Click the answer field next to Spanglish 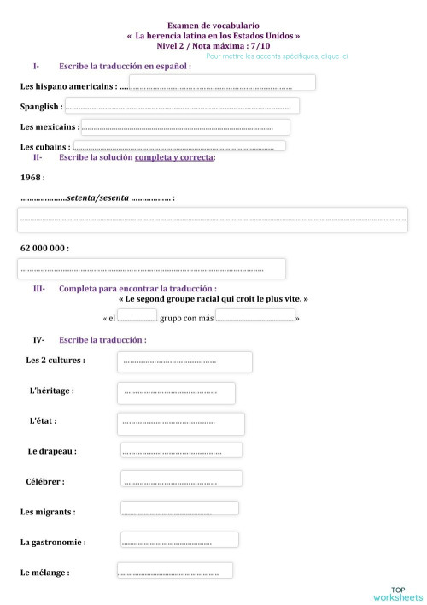pyautogui.click(x=182, y=106)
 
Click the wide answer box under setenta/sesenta pyautogui.click(x=213, y=220)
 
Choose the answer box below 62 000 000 pyautogui.click(x=151, y=268)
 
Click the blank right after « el pyautogui.click(x=137, y=317)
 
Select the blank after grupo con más pyautogui.click(x=255, y=317)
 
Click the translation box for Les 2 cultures pyautogui.click(x=184, y=362)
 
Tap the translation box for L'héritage pyautogui.click(x=177, y=392)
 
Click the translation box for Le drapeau pyautogui.click(x=180, y=450)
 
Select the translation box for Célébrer pyautogui.click(x=181, y=480)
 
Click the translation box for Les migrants pyautogui.click(x=178, y=510)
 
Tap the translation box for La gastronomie pyautogui.click(x=178, y=541)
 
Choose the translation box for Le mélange pyautogui.click(x=174, y=571)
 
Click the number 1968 pyautogui.click(x=32, y=177)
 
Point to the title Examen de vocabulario pyautogui.click(x=213, y=26)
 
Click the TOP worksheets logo pyautogui.click(x=397, y=593)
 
